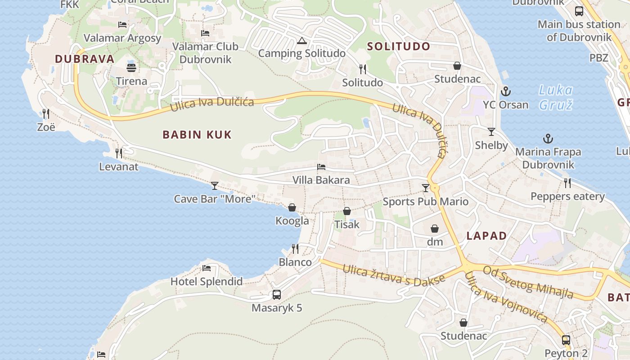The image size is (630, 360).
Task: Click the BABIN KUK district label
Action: [197, 134]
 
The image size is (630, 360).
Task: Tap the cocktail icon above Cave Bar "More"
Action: [215, 185]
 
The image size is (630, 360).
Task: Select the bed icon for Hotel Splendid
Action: [207, 268]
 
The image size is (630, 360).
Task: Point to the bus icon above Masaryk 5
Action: [277, 295]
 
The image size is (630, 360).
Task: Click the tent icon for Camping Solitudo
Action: [301, 41]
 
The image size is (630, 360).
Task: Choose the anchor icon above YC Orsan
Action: [506, 91]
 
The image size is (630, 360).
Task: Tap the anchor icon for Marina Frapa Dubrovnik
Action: [548, 139]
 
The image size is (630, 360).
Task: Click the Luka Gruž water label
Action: [556, 97]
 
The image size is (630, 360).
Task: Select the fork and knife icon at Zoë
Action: [46, 113]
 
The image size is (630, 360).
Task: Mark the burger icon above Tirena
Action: [131, 68]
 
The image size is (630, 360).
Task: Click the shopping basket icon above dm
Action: [435, 229]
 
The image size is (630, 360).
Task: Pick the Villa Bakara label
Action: [321, 180]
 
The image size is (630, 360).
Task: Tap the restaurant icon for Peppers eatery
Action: [567, 183]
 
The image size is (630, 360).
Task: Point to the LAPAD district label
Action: [486, 235]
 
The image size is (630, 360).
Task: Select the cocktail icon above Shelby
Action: [491, 132]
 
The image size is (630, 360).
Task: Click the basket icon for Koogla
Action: [292, 207]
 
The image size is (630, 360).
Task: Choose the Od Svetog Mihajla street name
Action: [528, 282]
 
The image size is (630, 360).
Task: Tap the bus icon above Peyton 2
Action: [566, 340]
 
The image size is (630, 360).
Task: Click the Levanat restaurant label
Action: [119, 167]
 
